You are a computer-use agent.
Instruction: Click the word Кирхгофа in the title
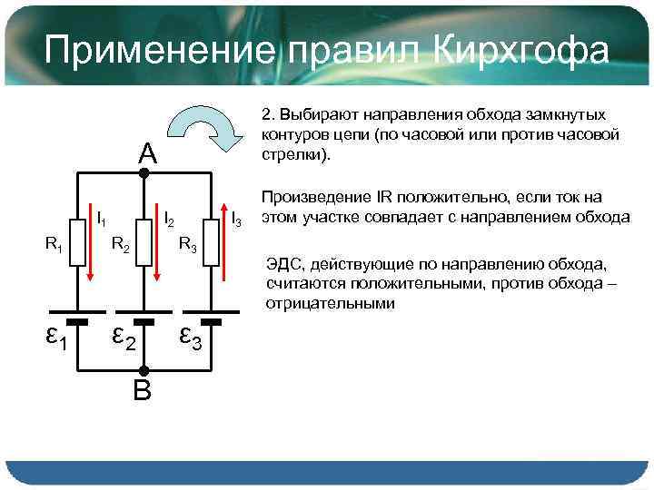pyautogui.click(x=518, y=51)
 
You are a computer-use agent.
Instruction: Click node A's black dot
pyautogui.click(x=144, y=171)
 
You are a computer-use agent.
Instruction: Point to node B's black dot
pyautogui.click(x=144, y=370)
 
